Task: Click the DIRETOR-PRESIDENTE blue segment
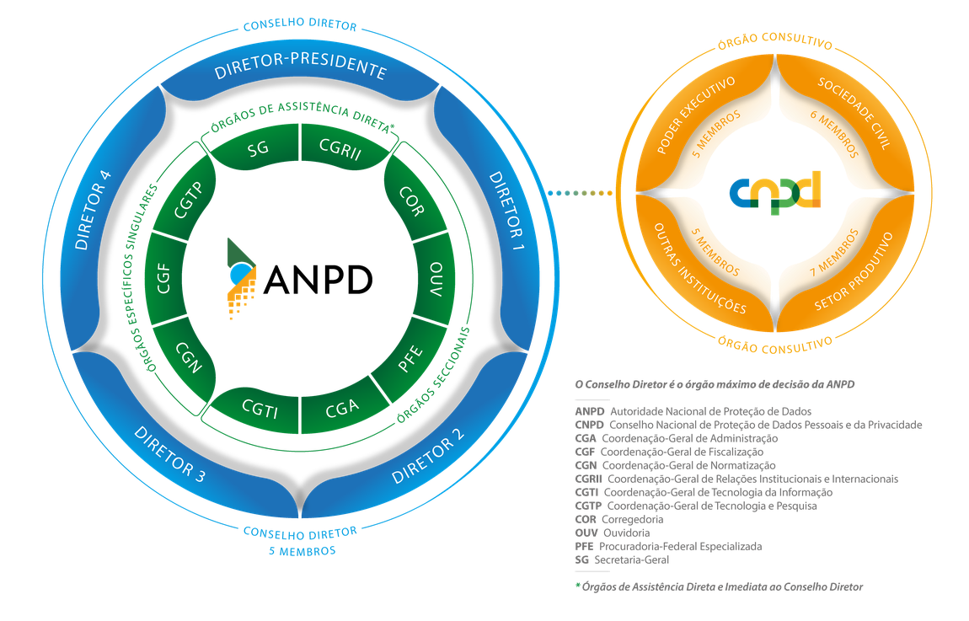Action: tap(300, 72)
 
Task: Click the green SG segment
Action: tap(259, 149)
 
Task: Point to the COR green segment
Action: tap(410, 201)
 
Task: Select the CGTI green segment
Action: tap(259, 410)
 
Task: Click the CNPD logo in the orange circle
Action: tap(774, 192)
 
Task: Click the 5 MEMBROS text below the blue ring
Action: tap(301, 551)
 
